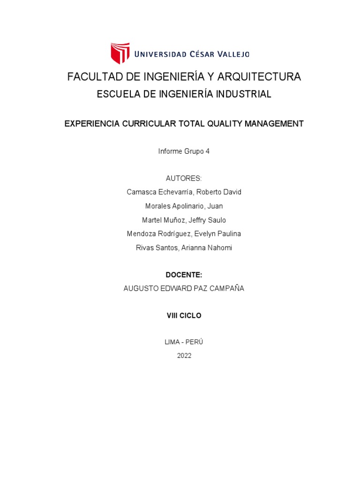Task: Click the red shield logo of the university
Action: click(120, 53)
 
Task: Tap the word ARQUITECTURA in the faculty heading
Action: click(255, 77)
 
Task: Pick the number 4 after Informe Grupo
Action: click(208, 151)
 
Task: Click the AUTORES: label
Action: click(184, 179)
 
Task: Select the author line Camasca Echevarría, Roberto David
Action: click(184, 192)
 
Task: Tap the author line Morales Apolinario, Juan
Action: click(184, 206)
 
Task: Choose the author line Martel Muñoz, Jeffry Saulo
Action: click(184, 220)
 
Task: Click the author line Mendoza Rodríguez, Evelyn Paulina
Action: click(184, 233)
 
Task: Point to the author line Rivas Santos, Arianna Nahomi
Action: click(184, 247)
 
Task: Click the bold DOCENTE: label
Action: click(184, 275)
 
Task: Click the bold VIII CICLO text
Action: click(184, 316)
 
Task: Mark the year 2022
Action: click(184, 356)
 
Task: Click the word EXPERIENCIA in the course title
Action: click(91, 124)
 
